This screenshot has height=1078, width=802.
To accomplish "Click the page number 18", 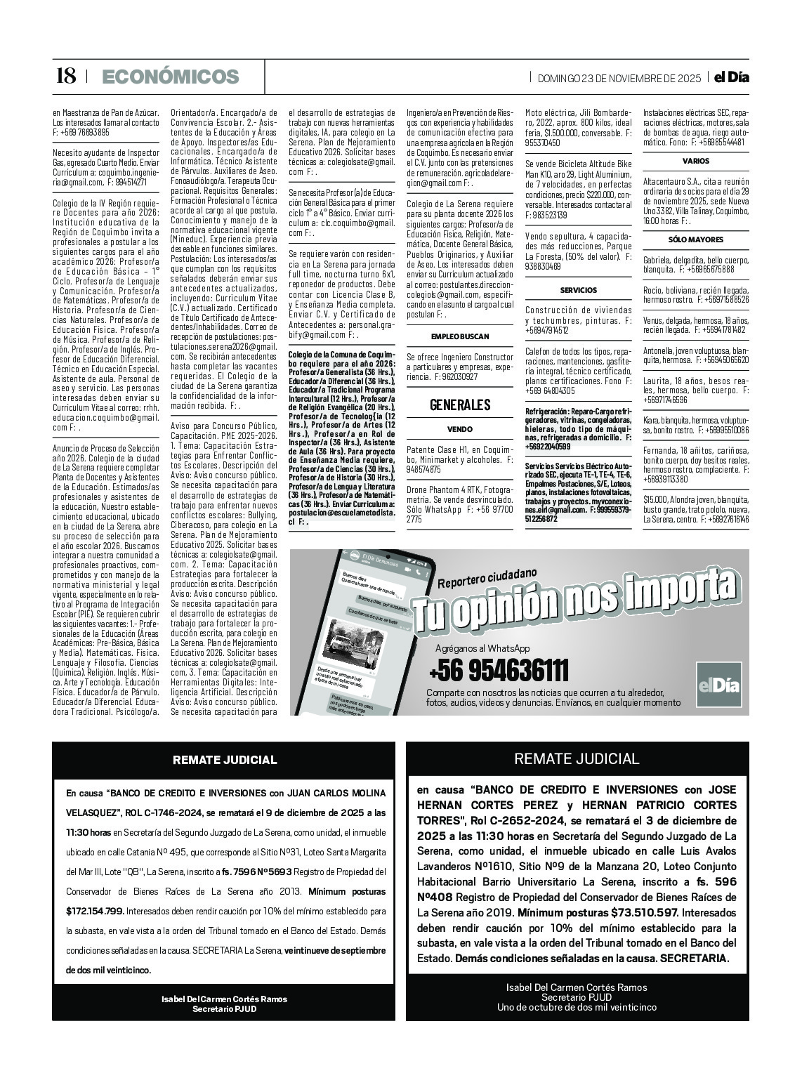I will click(x=65, y=77).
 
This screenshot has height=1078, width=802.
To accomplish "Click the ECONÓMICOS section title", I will click(x=171, y=77).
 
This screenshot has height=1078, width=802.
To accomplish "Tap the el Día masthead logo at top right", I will click(x=731, y=78).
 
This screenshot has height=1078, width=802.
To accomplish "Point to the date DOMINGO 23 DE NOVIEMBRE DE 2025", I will click(x=619, y=79).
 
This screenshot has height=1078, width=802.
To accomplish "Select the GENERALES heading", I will click(x=460, y=405).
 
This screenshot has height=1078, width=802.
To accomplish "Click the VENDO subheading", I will click(x=460, y=429).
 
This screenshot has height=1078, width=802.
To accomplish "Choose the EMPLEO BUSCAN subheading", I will click(x=460, y=336).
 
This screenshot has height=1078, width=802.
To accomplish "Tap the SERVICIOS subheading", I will click(x=578, y=290).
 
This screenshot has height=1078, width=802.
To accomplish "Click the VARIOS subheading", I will click(x=695, y=161).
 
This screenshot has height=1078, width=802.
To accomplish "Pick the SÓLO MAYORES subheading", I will click(x=695, y=239).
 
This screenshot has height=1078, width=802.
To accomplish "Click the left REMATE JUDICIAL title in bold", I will click(x=225, y=760).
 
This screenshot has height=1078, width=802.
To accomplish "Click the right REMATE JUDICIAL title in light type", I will click(x=577, y=758).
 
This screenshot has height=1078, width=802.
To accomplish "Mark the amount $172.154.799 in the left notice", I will click(x=95, y=911).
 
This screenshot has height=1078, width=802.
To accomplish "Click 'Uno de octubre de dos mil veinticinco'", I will click(x=577, y=1007).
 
